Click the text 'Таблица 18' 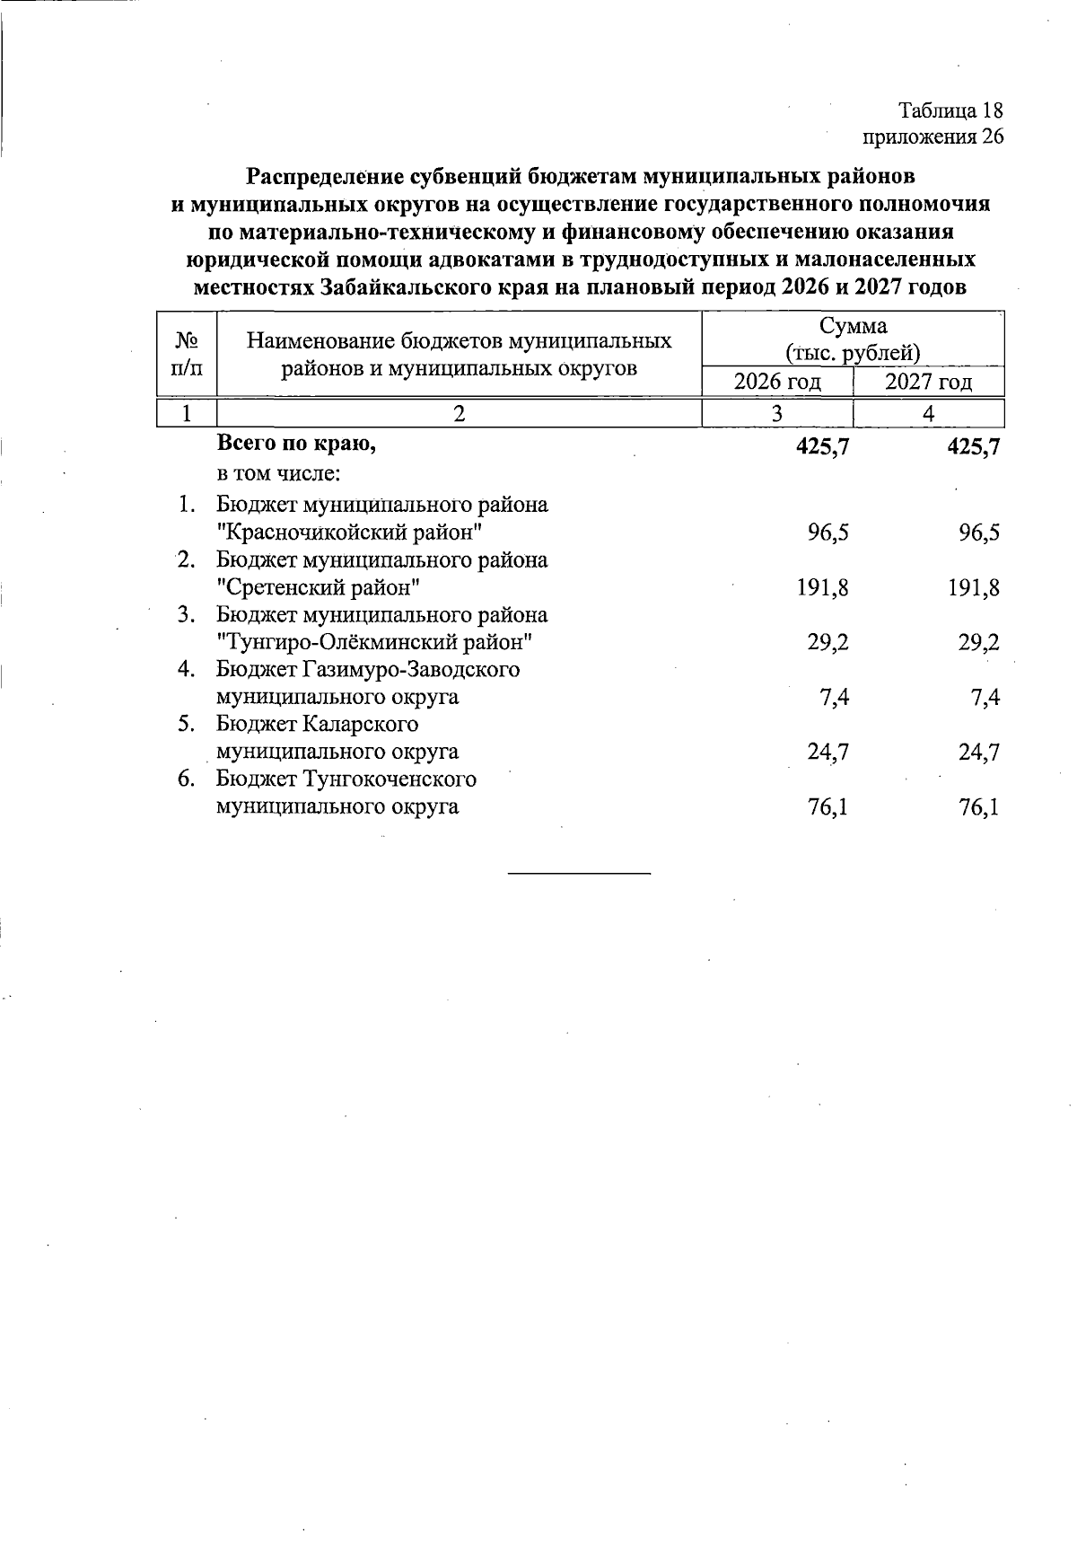950,110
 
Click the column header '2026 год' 777,383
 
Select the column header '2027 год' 928,383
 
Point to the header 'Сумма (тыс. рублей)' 852,339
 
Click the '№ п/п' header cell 187,354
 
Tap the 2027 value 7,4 985,698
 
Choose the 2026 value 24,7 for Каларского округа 827,753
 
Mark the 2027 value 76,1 978,807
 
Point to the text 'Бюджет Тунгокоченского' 346,779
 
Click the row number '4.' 187,670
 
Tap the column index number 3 776,413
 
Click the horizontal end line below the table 579,873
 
